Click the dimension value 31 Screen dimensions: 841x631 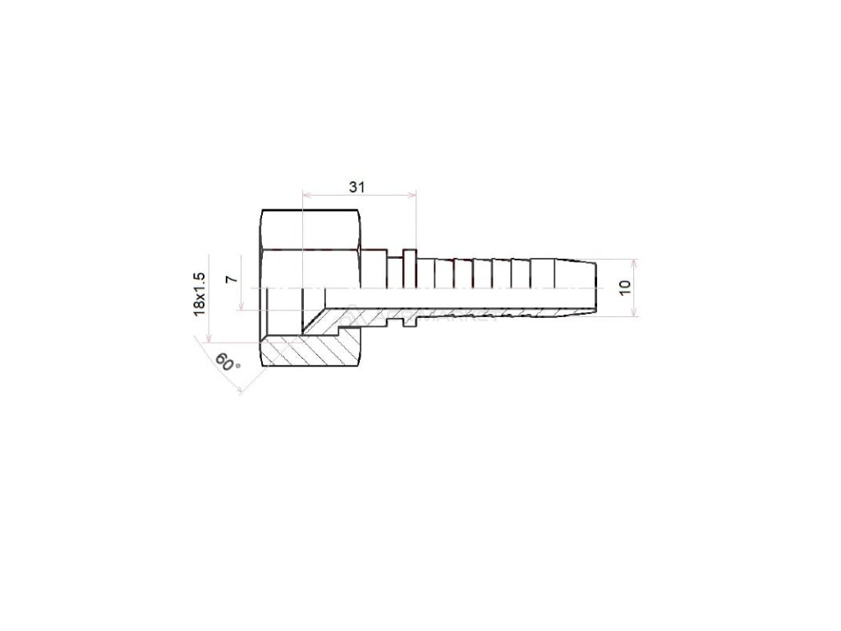point(356,187)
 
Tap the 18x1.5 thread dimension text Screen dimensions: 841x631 point(200,294)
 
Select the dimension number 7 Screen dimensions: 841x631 point(231,279)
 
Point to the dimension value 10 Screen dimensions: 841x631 point(624,288)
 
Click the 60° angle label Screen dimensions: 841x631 point(227,362)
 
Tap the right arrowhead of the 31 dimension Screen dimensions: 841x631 point(413,195)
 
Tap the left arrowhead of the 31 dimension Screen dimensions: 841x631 point(306,195)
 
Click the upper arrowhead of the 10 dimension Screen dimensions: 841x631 point(635,263)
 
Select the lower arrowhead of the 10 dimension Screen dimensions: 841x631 point(635,313)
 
